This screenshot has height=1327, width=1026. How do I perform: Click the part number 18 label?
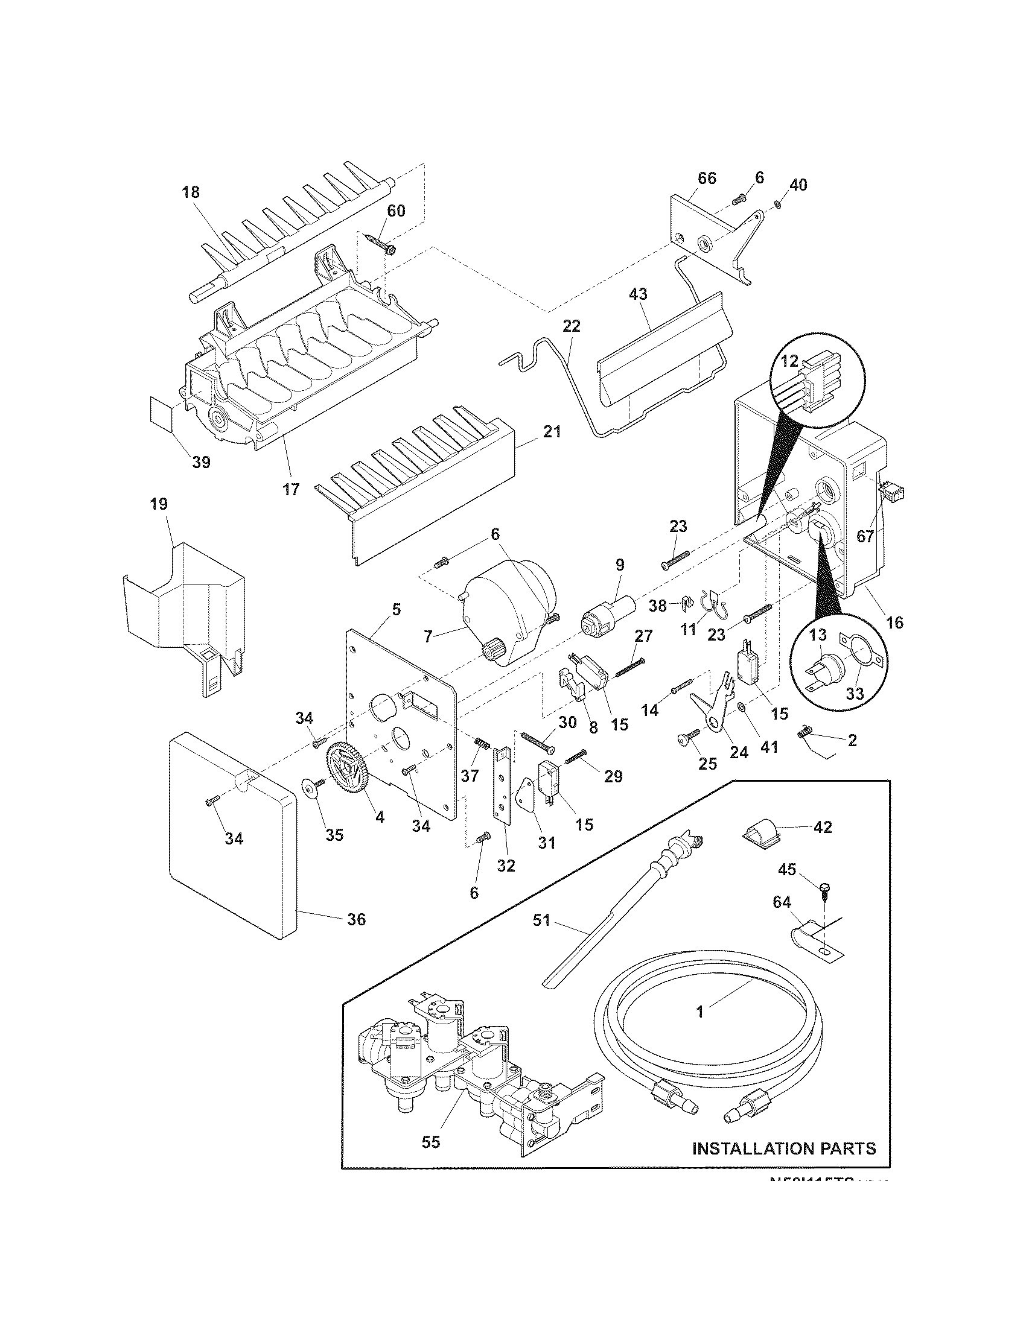tap(190, 192)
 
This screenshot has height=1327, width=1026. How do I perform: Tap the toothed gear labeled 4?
tap(351, 770)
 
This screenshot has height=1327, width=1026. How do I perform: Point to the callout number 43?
tap(637, 294)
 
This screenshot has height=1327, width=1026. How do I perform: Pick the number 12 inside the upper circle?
tap(789, 360)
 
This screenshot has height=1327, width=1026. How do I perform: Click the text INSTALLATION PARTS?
tap(784, 1148)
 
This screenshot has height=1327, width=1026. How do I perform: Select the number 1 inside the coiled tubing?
tap(699, 1012)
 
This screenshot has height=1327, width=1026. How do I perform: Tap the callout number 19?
tap(159, 504)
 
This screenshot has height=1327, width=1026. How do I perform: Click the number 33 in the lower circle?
tap(855, 694)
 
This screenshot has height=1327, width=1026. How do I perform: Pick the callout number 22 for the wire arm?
tap(572, 326)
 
